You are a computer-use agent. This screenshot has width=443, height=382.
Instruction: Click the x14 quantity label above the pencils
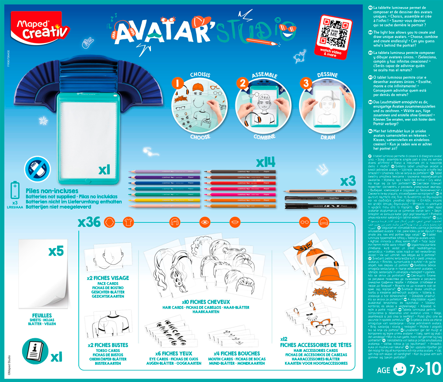(x=267, y=160)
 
